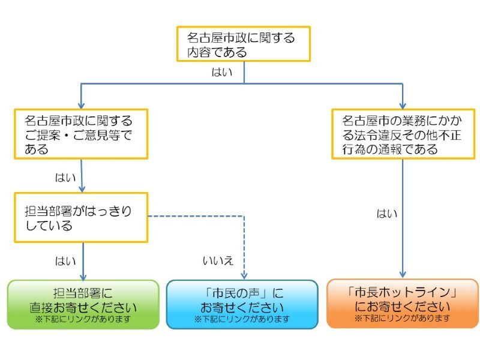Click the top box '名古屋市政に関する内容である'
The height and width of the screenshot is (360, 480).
tap(243, 44)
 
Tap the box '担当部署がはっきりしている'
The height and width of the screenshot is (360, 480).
tap(81, 217)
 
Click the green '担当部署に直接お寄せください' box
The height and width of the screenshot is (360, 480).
tap(83, 304)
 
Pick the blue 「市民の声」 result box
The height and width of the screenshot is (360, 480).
tap(242, 304)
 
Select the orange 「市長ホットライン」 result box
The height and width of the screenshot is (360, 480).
tap(402, 303)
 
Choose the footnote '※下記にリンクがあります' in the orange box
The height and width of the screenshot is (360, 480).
tap(402, 318)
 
